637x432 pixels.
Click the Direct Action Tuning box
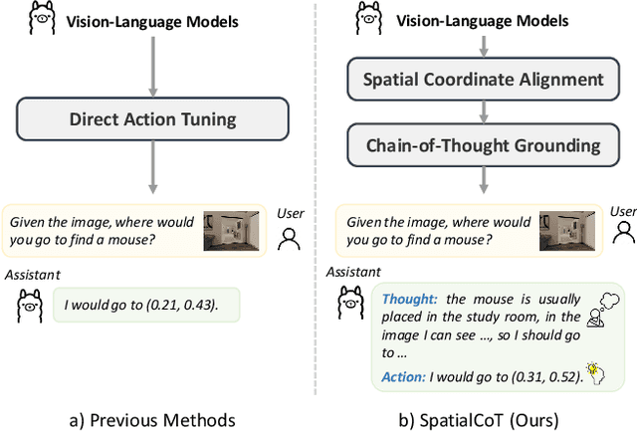(152, 120)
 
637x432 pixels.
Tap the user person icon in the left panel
(290, 239)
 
